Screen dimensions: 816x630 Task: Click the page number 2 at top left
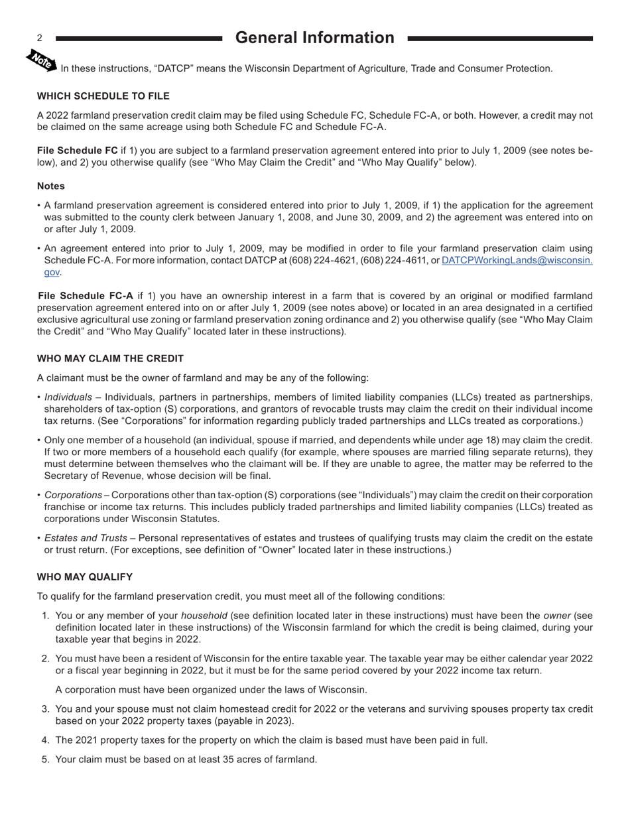point(40,38)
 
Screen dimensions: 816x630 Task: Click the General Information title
point(314,38)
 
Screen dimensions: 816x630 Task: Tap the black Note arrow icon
point(41,60)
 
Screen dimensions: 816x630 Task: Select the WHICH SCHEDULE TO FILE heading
point(103,96)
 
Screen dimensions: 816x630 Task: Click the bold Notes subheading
point(51,186)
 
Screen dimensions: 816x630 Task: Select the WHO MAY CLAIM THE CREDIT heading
point(110,359)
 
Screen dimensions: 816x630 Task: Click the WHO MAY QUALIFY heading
point(85,577)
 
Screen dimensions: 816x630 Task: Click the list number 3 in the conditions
point(45,709)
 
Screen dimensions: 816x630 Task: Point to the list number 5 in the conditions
point(45,760)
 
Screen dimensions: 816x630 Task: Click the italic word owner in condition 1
point(556,616)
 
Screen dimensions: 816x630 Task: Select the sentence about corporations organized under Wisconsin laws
point(211,690)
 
